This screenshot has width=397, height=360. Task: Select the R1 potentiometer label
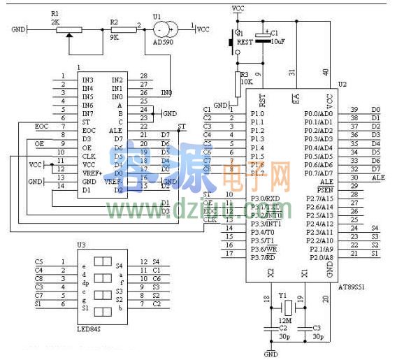56,13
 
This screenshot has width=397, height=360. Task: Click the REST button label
245,41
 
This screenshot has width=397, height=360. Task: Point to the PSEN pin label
325,189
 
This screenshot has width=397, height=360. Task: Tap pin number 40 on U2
326,72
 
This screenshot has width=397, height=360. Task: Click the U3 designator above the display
82,245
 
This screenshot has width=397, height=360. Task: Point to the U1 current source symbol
165,29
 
